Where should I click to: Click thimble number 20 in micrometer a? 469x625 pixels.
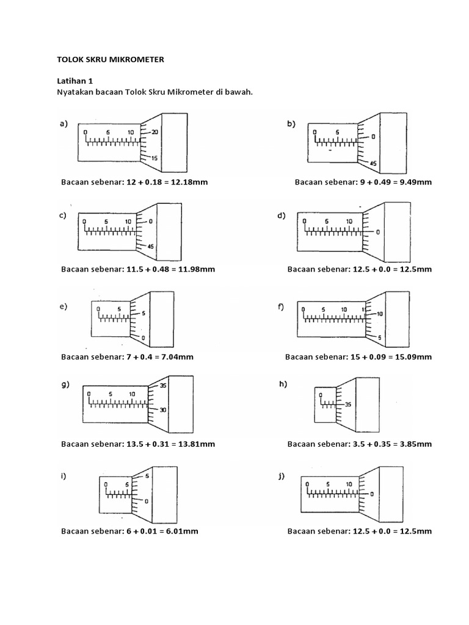click(x=155, y=132)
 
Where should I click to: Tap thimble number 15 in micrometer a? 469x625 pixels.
click(x=155, y=158)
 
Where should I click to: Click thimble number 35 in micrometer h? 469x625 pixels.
click(x=348, y=404)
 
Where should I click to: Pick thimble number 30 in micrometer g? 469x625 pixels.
click(x=163, y=410)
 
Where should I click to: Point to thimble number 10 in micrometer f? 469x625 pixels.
click(x=380, y=314)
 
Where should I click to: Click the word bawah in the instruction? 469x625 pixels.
click(x=239, y=92)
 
